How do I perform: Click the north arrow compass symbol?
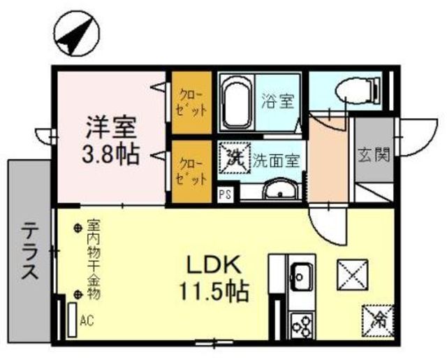click(77, 34)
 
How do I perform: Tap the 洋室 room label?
click(110, 128)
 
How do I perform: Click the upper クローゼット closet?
click(192, 103)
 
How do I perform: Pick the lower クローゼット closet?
click(192, 172)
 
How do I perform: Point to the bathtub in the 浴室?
click(236, 103)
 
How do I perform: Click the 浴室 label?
click(278, 101)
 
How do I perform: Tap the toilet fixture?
click(358, 91)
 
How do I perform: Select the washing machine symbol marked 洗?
click(235, 158)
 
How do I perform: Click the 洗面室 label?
click(277, 161)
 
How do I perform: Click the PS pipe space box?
click(225, 194)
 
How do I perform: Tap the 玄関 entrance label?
click(374, 155)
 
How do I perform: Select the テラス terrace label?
click(29, 251)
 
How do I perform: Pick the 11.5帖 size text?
click(214, 291)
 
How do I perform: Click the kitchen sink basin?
click(301, 276)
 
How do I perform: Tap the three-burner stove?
click(302, 326)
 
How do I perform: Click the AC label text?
click(87, 321)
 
